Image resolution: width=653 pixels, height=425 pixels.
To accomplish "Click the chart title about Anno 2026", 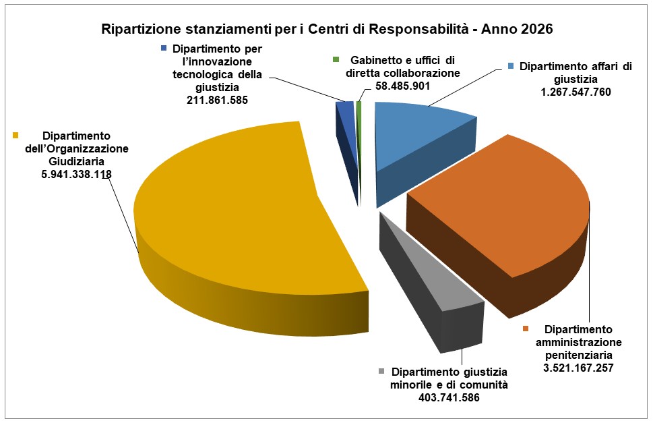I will pyautogui.click(x=327, y=29).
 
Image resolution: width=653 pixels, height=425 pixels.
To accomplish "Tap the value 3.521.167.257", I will pyautogui.click(x=578, y=368).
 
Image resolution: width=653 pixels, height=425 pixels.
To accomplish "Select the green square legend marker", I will pyautogui.click(x=336, y=60).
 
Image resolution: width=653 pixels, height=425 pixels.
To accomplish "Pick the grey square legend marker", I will pyautogui.click(x=381, y=372).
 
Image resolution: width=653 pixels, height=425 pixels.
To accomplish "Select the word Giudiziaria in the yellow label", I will pyautogui.click(x=73, y=161).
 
